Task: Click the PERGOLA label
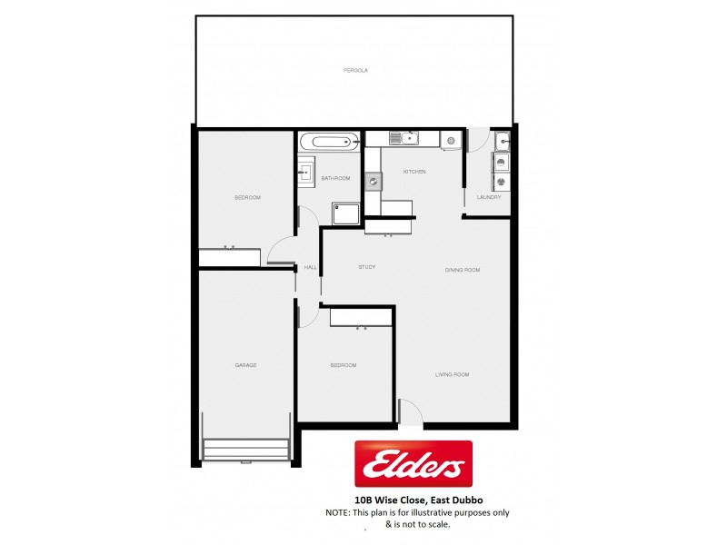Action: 355,70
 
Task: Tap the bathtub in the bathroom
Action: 329,141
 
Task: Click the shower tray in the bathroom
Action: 345,211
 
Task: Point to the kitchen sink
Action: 403,139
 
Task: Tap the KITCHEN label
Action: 414,172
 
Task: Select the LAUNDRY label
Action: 489,197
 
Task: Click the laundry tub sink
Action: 502,141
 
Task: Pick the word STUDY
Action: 367,267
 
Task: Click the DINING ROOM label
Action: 462,270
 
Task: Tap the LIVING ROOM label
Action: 451,374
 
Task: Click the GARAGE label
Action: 245,365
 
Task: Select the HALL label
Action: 310,267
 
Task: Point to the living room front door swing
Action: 412,414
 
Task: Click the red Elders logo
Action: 413,465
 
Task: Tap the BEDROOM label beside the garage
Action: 343,365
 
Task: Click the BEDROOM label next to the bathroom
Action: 247,198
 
